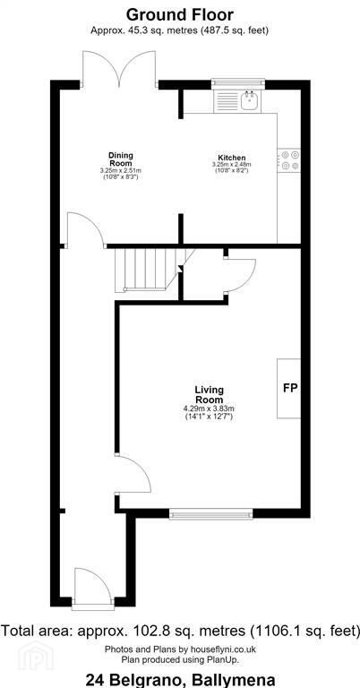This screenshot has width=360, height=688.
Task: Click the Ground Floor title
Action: click(x=180, y=14)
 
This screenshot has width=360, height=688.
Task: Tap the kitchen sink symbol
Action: click(x=250, y=100)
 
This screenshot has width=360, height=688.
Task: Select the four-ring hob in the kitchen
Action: click(x=289, y=159)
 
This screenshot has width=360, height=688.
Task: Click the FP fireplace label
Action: click(x=290, y=388)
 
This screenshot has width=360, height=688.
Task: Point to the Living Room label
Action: click(x=210, y=394)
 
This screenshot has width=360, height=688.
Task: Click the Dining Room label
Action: click(x=121, y=159)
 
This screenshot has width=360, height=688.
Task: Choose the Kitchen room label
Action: click(x=232, y=158)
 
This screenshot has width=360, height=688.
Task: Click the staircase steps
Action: click(x=149, y=270)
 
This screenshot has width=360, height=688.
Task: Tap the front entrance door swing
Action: click(x=92, y=587)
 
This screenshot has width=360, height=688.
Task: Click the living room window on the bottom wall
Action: click(x=211, y=514)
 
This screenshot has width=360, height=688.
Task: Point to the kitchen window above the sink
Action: click(x=238, y=84)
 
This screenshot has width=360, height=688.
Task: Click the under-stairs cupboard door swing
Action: click(x=239, y=275)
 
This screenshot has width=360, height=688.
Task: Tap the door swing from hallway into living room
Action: click(x=133, y=475)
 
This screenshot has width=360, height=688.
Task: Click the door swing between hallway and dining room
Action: click(x=85, y=229)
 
